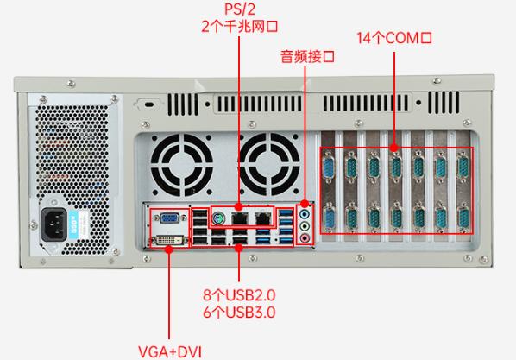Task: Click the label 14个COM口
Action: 393,38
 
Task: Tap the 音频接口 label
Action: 306,57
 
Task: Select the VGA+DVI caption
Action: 169,351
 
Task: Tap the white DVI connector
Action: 169,237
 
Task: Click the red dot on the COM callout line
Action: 393,148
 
